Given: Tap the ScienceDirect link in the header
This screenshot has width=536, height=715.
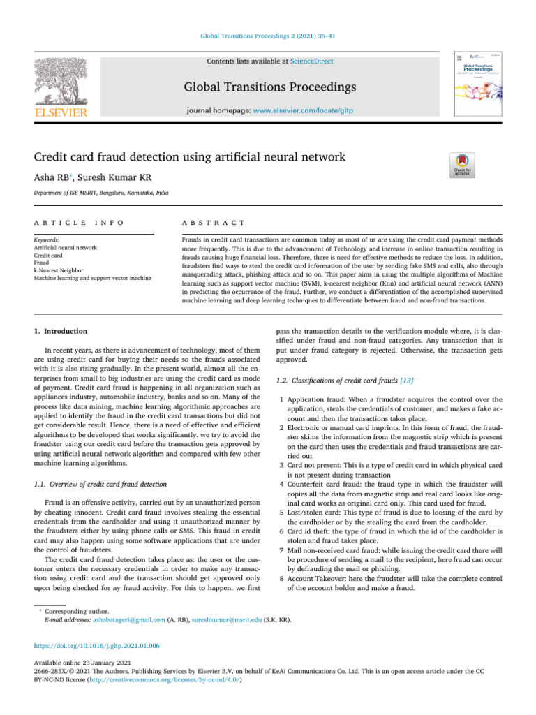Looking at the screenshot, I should click(311, 61).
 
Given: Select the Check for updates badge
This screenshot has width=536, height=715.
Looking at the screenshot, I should click(465, 165).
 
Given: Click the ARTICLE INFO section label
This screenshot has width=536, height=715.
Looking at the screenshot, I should click(79, 222).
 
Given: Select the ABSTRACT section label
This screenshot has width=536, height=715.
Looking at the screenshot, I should click(213, 222).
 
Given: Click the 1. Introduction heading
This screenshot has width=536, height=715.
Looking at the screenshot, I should click(61, 331).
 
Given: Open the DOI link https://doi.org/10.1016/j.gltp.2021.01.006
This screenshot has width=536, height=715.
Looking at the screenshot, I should click(98, 646).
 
